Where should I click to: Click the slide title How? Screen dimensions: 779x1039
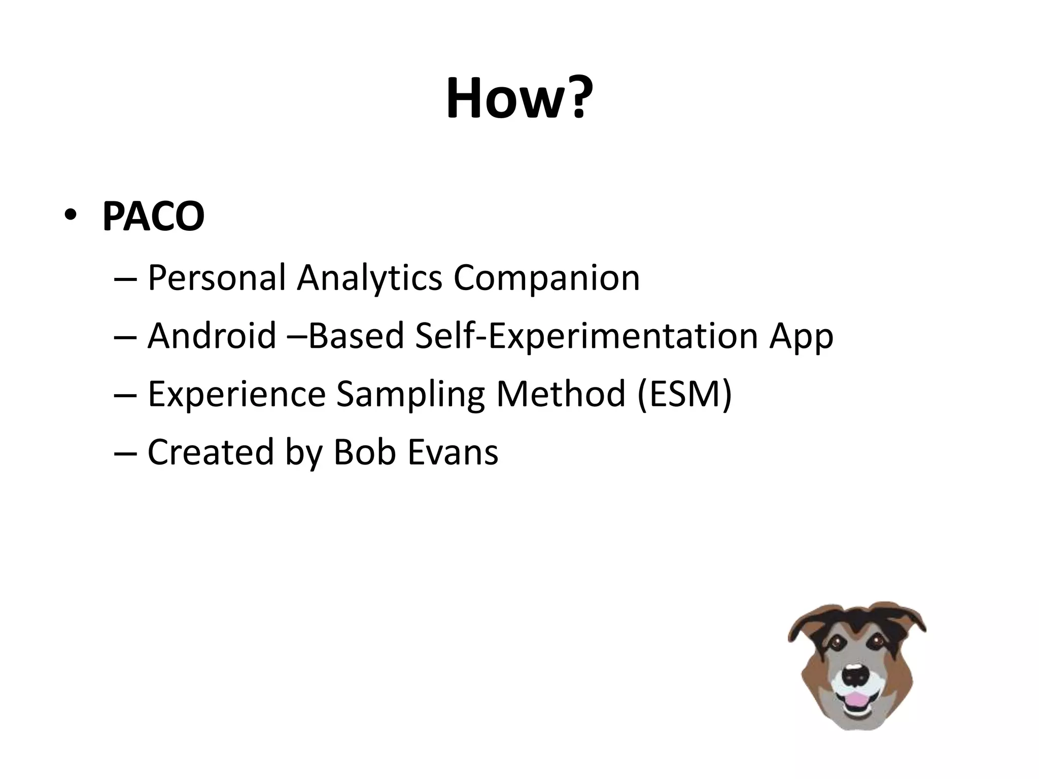pyautogui.click(x=519, y=98)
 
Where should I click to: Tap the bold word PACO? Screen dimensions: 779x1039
pyautogui.click(x=153, y=217)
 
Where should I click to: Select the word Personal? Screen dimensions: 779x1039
pyautogui.click(x=217, y=278)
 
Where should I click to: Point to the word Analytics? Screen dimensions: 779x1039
pyautogui.click(x=369, y=278)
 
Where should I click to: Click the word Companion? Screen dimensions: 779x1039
pyautogui.click(x=546, y=278)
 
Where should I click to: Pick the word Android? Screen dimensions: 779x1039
pyautogui.click(x=212, y=336)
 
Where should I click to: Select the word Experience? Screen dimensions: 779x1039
pyautogui.click(x=236, y=394)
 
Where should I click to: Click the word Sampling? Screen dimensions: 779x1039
pyautogui.click(x=410, y=394)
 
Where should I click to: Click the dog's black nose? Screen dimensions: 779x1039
pyautogui.click(x=856, y=675)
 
